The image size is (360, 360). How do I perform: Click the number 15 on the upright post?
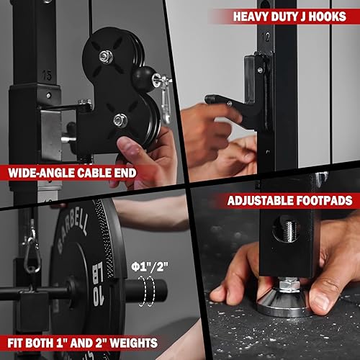[x=48, y=75]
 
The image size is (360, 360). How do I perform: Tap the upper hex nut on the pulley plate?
[x=105, y=55]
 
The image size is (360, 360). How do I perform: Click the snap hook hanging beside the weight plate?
[x=31, y=252]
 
